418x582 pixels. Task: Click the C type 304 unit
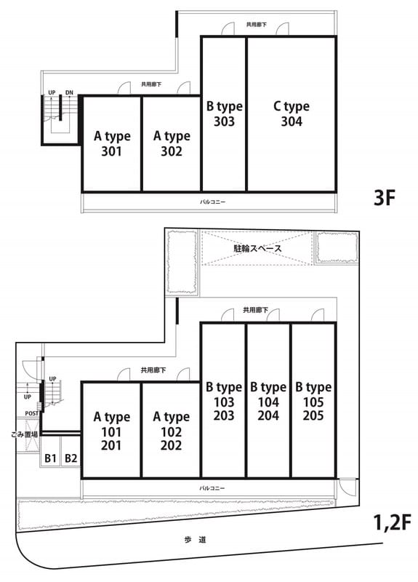(292, 113)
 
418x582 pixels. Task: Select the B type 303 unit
(224, 113)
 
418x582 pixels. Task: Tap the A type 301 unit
(112, 143)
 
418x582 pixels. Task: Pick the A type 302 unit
(172, 143)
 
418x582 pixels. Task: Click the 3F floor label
(385, 197)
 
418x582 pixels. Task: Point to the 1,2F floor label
(392, 523)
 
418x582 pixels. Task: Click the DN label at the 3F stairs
(69, 92)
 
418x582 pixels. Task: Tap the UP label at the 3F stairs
(52, 92)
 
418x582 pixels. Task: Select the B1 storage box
(50, 458)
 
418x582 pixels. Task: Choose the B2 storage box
(71, 458)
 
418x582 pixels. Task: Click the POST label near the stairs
(31, 413)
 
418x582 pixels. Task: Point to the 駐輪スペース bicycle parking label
(258, 248)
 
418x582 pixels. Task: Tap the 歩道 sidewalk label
(195, 540)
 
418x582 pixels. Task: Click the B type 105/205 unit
(313, 400)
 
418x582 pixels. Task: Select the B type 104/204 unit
(268, 400)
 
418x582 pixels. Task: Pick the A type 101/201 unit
(112, 430)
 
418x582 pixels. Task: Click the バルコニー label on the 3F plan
(212, 202)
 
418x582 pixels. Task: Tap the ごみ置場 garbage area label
(25, 434)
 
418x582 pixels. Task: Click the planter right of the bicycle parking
(337, 247)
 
